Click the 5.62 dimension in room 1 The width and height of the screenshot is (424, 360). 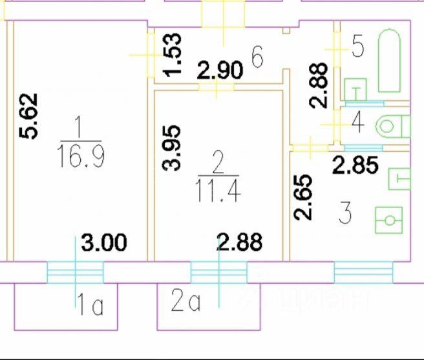coord(30,116)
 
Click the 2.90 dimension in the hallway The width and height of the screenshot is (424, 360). coord(220,69)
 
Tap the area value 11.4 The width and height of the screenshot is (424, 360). coord(217,191)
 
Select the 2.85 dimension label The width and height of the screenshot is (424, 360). coord(355,165)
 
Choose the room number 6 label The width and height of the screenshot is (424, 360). coord(257,58)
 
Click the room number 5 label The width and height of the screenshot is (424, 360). coord(358,46)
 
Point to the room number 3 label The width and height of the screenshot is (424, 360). coord(344,213)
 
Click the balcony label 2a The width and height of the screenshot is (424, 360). coord(185,302)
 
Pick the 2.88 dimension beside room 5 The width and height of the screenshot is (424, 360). coord(319,85)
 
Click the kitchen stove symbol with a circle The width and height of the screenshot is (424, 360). coord(389,219)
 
